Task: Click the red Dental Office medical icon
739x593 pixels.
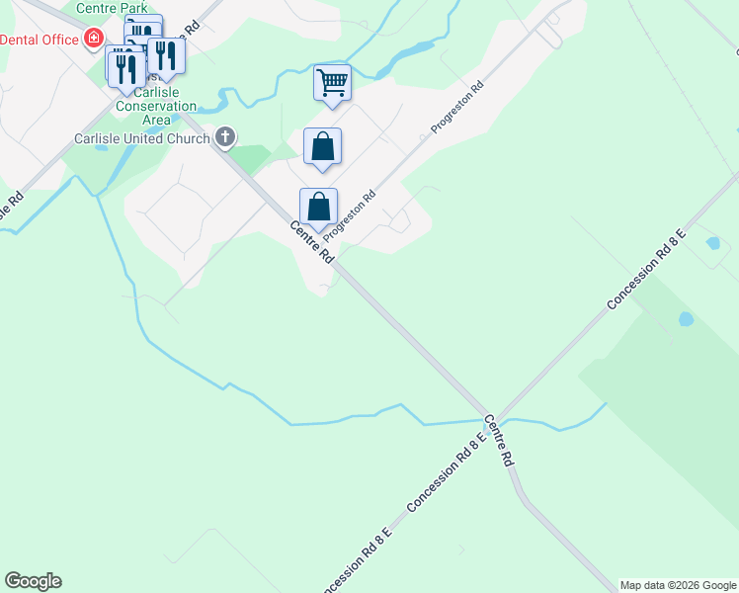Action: [94, 39]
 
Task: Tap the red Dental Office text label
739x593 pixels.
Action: [41, 40]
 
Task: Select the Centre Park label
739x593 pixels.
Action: [112, 9]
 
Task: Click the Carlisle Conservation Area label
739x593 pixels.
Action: [156, 106]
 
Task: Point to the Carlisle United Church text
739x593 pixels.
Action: [142, 138]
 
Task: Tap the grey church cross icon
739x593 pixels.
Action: [225, 136]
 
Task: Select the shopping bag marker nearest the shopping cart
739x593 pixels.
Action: [322, 147]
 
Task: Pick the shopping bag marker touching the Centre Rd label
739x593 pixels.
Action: [318, 208]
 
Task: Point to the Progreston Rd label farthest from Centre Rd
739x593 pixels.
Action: [456, 109]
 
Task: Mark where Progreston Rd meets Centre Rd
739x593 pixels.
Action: [339, 260]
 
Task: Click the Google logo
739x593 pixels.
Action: [33, 581]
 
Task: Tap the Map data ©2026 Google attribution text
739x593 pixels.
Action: [679, 585]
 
